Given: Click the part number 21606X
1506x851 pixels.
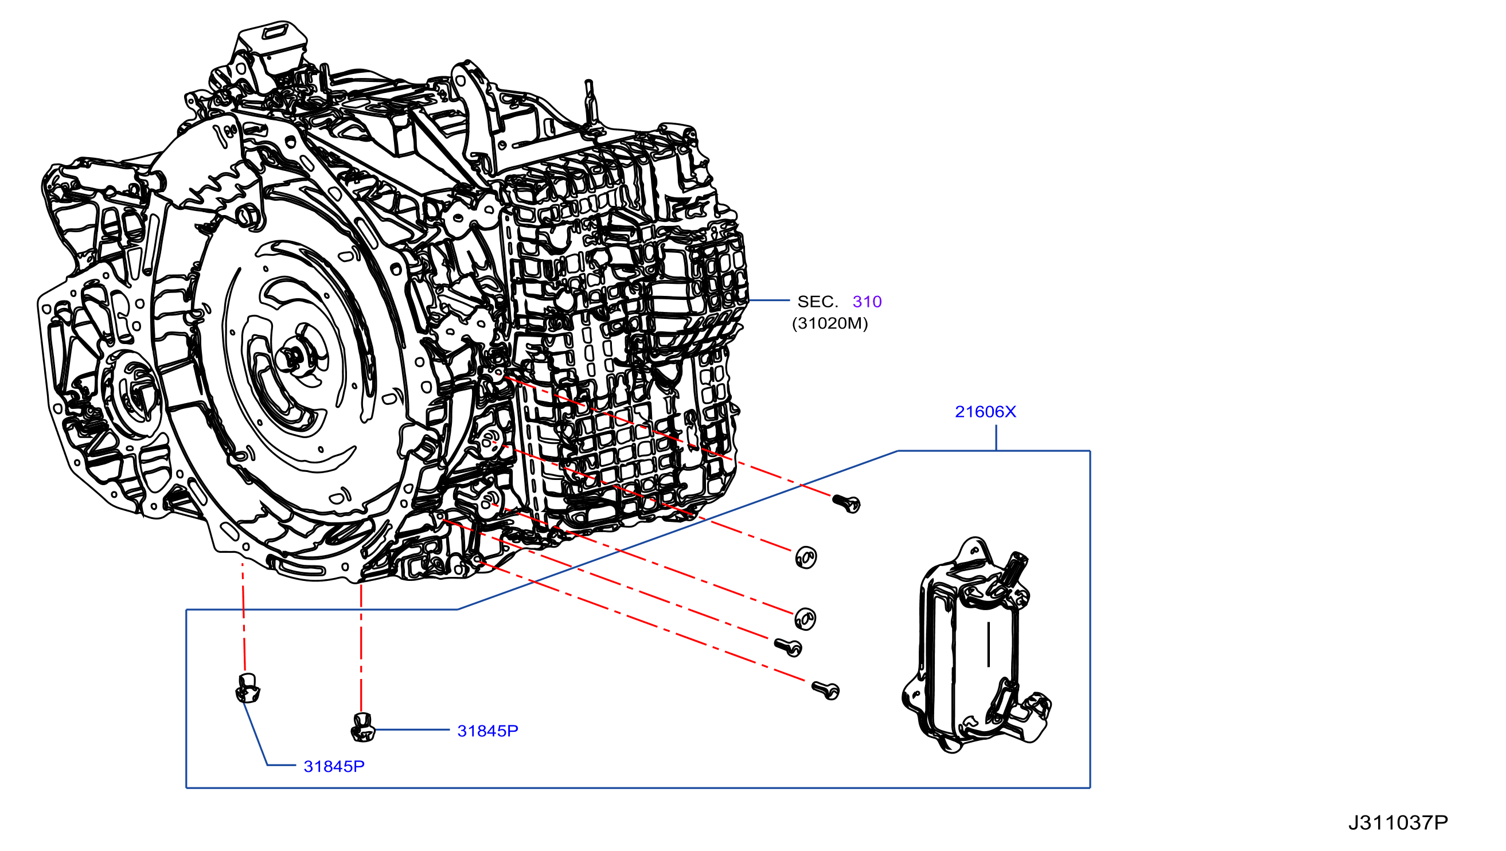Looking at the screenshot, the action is (985, 412).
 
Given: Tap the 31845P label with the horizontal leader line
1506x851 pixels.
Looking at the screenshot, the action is (487, 731).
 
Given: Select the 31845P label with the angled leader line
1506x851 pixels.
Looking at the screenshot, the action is (334, 767).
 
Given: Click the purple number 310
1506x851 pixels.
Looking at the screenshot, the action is (867, 302).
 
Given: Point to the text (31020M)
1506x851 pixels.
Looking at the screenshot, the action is (830, 323).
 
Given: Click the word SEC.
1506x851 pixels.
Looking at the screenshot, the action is (817, 302).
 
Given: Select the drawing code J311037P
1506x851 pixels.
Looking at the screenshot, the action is (1398, 823).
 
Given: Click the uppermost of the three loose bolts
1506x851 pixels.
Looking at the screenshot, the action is (846, 503).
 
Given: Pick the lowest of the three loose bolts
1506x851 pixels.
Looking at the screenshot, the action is (826, 690).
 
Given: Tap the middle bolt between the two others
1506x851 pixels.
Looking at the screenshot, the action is (788, 647).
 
